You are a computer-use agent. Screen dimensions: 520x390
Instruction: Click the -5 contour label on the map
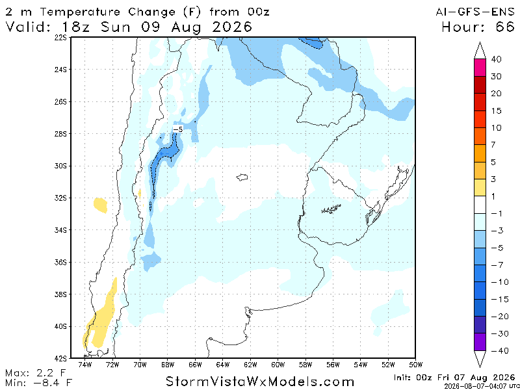point(178,129)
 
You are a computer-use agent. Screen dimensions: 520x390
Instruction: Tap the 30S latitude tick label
point(60,166)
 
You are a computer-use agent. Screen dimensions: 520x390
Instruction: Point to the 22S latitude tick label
point(60,38)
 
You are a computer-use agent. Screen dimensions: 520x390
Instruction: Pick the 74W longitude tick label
point(84,365)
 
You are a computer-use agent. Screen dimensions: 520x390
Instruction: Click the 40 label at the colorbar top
point(496,60)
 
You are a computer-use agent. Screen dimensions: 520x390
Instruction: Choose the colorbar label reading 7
point(493,144)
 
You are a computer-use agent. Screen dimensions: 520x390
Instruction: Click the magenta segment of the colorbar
point(480,68)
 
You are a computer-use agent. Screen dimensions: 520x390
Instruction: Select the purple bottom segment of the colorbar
point(480,342)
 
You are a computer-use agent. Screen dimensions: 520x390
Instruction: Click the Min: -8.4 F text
point(38,382)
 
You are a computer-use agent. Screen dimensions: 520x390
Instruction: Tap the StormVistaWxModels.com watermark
point(259,382)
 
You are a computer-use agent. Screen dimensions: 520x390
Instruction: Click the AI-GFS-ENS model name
point(475,12)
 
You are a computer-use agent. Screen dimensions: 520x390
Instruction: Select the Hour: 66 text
point(478,27)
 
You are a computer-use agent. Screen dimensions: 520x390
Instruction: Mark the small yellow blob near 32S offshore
point(101,205)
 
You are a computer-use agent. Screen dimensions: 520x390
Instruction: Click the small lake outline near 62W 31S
point(242,177)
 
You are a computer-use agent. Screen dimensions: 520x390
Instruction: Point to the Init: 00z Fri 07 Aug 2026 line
point(454,378)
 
